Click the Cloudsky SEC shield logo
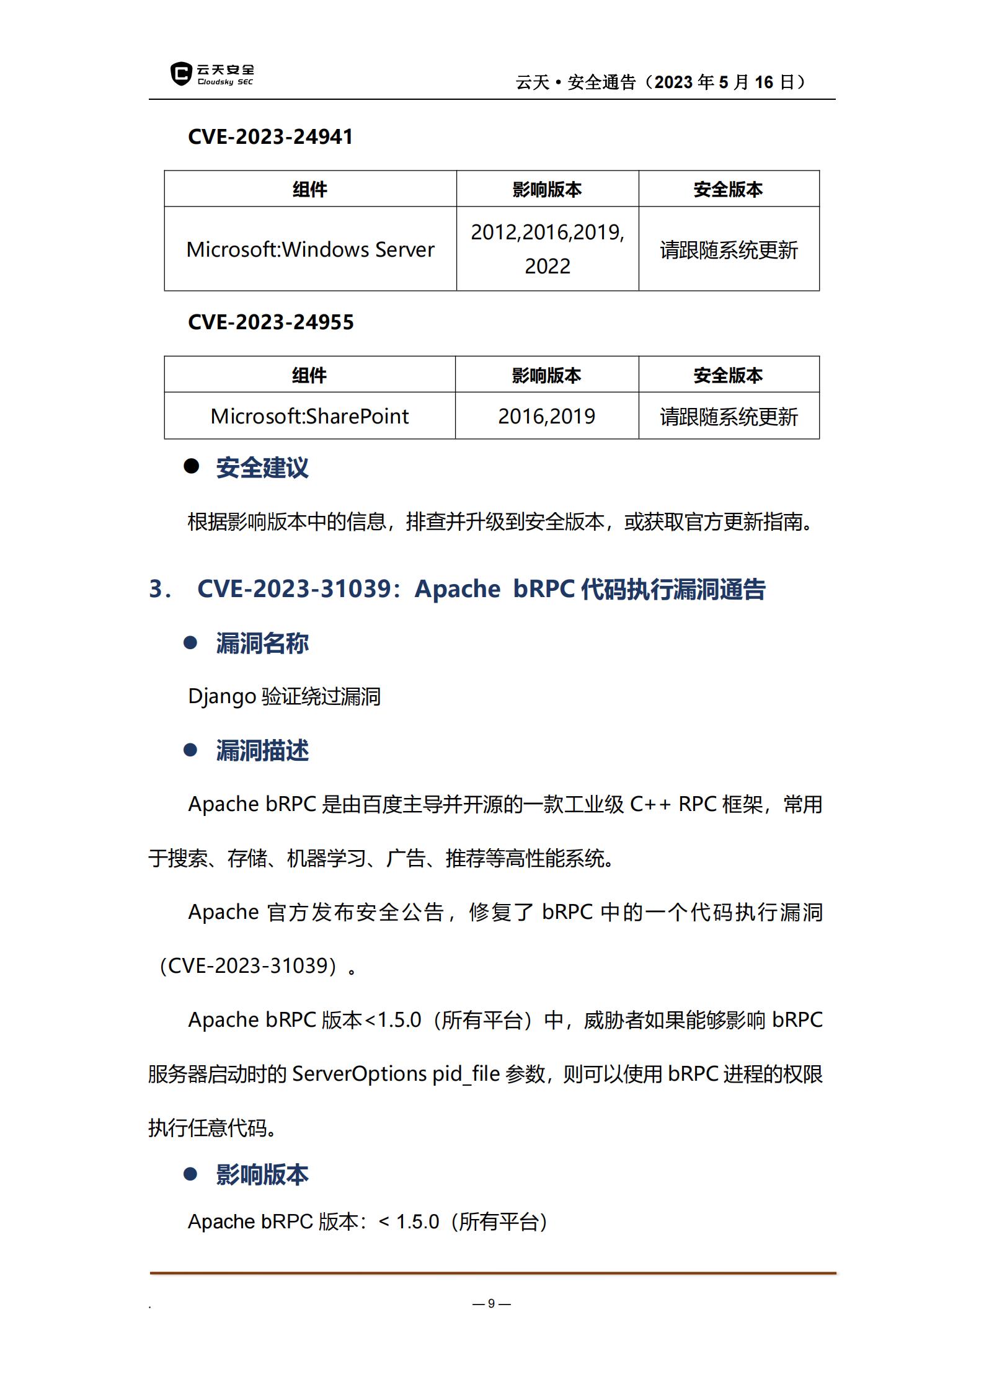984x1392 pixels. tap(180, 74)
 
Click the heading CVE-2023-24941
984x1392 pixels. tap(270, 136)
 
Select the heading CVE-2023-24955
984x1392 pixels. tap(270, 322)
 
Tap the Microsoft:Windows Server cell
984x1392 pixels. tap(310, 249)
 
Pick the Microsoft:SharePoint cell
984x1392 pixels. tap(309, 416)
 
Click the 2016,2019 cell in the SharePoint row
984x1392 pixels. tap(546, 416)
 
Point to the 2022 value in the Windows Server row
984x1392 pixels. tap(547, 266)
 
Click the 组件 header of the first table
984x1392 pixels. tap(310, 189)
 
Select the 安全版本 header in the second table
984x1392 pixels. tap(728, 375)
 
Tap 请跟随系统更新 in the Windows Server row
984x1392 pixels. tap(729, 250)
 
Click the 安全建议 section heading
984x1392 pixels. tap(262, 468)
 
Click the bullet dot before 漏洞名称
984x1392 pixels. tap(190, 643)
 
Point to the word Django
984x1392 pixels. tap(222, 696)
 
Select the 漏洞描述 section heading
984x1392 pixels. tap(262, 750)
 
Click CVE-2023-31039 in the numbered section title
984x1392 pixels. tap(295, 589)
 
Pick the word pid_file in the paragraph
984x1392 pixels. tap(466, 1073)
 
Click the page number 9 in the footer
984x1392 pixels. tap(491, 1303)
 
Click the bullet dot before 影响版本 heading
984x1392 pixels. tap(190, 1174)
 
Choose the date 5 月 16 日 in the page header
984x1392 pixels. tap(756, 82)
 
